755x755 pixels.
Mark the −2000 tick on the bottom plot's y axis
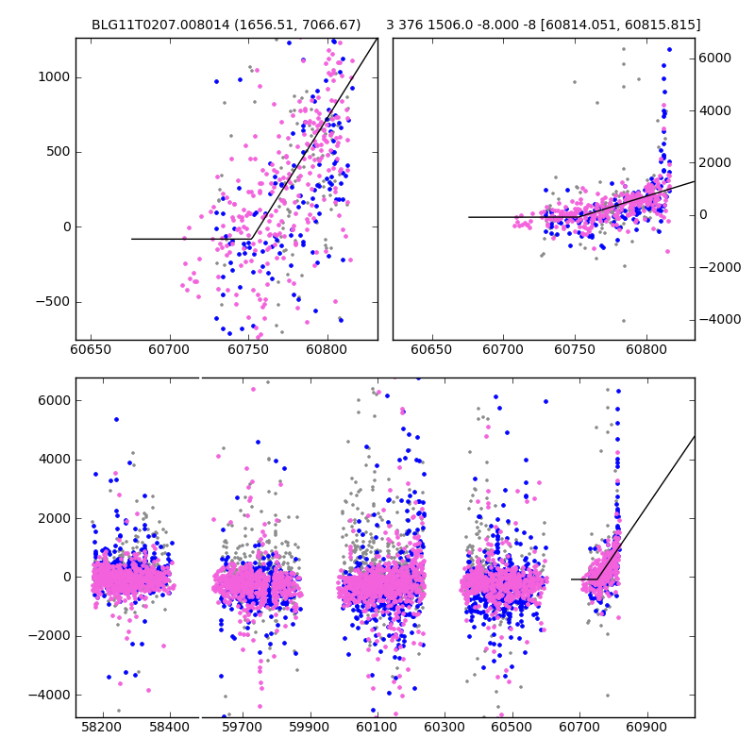pos(49,635)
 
